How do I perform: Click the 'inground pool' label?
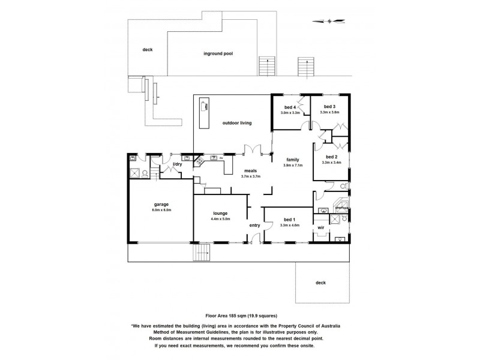(218, 53)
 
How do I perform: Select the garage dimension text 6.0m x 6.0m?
(161, 210)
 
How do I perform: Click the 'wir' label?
(321, 228)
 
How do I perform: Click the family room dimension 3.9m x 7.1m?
(293, 165)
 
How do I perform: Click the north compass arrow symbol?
(328, 22)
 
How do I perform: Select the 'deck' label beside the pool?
(147, 50)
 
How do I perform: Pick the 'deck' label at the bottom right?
(320, 283)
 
